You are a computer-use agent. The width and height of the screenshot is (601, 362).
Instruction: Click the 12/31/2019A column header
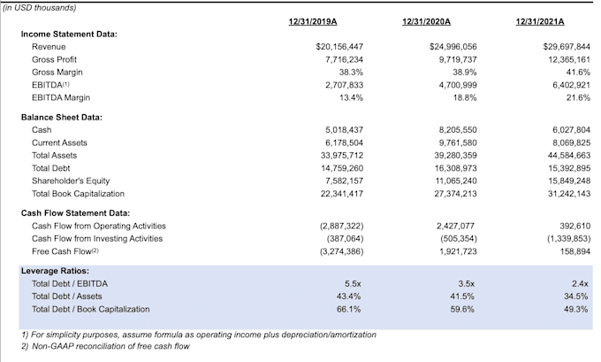(313, 21)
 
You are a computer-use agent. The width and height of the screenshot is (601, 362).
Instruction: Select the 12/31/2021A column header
(540, 21)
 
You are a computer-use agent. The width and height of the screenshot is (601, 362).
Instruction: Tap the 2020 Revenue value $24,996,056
(453, 47)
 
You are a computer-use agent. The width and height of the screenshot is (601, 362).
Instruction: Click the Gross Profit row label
(54, 59)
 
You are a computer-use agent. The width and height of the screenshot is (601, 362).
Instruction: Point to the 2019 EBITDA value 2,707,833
(344, 85)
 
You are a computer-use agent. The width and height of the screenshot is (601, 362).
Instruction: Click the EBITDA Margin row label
(61, 97)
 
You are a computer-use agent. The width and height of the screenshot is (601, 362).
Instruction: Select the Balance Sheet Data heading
(62, 118)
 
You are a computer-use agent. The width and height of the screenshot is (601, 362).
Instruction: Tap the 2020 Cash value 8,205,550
(458, 130)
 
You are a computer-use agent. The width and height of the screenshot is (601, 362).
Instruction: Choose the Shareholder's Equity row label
(71, 181)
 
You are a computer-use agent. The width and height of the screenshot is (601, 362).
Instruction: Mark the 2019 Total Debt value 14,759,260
(342, 168)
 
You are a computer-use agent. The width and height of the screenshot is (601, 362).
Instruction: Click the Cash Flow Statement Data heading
(75, 213)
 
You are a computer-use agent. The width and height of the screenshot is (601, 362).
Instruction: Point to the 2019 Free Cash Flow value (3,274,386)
(341, 251)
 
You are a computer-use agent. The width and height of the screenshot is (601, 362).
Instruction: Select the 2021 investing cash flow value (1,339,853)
(569, 239)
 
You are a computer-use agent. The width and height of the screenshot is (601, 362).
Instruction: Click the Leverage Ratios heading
(55, 271)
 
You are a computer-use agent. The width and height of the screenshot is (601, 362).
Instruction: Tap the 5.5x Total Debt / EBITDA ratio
(353, 284)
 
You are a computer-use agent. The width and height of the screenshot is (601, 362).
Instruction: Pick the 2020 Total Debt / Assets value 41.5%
(462, 297)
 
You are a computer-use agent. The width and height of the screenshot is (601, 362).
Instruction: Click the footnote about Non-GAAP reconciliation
(105, 346)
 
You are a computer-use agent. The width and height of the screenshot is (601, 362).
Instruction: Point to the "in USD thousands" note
(40, 8)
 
